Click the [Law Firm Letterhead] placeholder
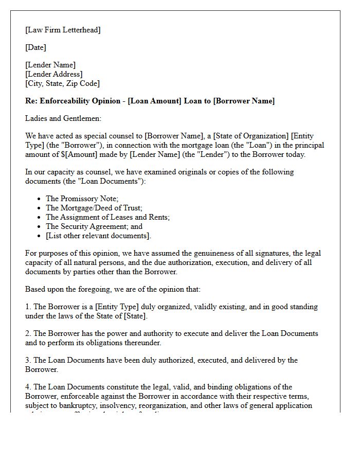click(x=63, y=30)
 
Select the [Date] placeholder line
click(x=35, y=47)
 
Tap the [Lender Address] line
click(x=53, y=74)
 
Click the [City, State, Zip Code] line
click(x=62, y=83)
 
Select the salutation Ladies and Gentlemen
click(x=63, y=118)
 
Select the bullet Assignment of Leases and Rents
click(x=107, y=217)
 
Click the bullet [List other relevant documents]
click(x=98, y=236)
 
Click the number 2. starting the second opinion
click(x=28, y=333)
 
